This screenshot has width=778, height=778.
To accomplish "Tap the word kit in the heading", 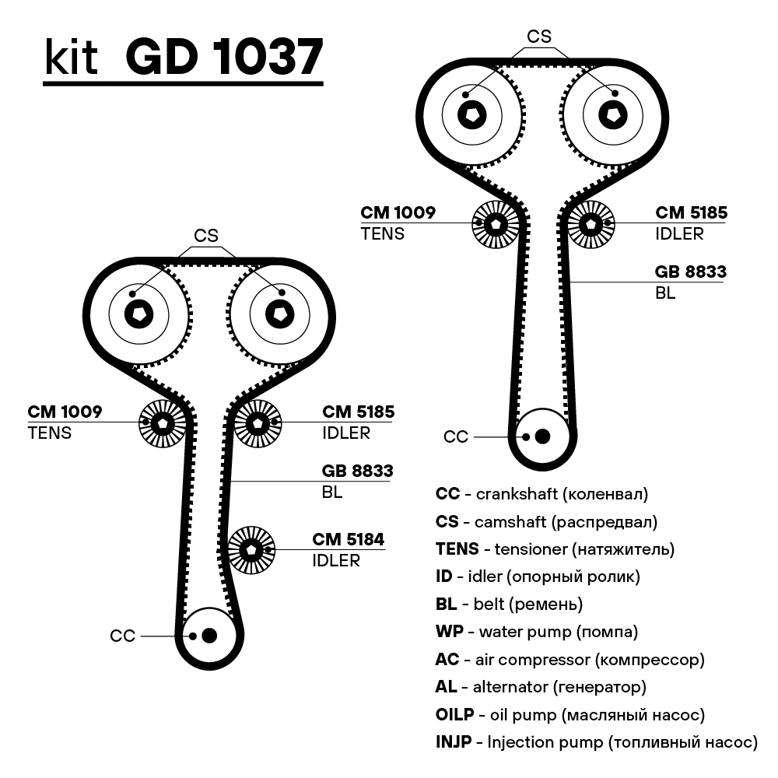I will [71, 58].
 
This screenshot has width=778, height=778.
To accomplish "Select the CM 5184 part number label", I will [349, 539].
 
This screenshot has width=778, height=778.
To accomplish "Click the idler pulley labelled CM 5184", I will [251, 549].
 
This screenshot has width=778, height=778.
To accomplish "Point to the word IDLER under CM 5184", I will [336, 560].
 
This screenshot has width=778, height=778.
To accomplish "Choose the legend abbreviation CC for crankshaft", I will [447, 494].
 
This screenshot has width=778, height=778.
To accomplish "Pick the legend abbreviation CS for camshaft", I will [447, 521].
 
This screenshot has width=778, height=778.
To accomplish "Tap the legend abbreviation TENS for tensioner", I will [457, 549].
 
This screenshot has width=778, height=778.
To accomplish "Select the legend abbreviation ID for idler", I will [444, 576].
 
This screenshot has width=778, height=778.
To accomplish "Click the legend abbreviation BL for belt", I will [446, 604].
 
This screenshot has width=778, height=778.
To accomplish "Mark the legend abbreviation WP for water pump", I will [450, 632].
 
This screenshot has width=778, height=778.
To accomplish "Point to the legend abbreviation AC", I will [447, 660].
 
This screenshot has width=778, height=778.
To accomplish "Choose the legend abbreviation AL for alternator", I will [447, 687].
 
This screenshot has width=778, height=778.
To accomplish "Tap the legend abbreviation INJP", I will [454, 741].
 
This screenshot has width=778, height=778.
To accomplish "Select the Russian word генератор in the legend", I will [598, 687].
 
